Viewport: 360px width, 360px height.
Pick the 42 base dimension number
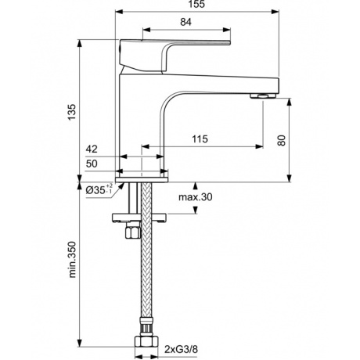pos(92,149)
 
